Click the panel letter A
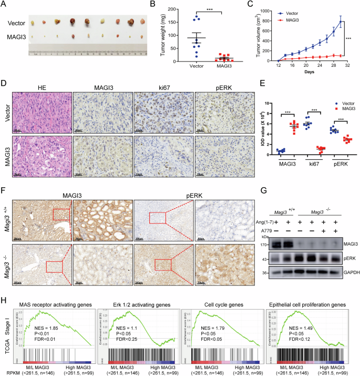(x=4, y=5)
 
